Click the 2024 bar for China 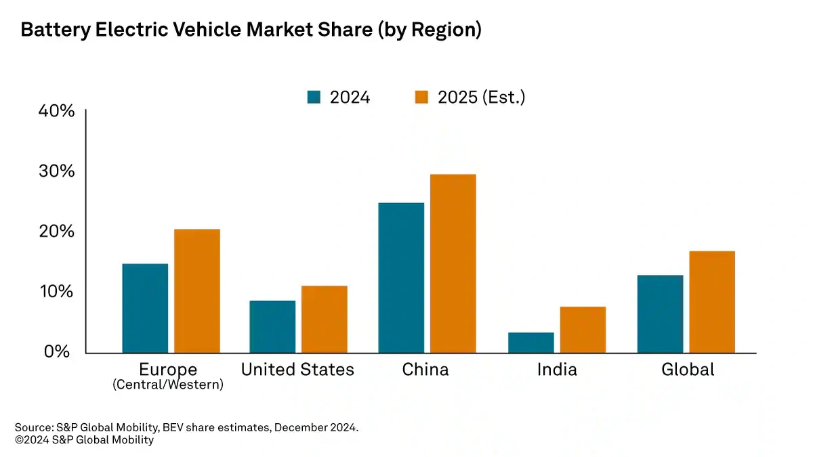click(401, 278)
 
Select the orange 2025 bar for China click(453, 263)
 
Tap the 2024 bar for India click(530, 343)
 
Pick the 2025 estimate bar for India click(583, 330)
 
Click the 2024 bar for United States click(272, 326)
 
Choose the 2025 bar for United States click(324, 319)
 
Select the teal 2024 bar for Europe click(145, 308)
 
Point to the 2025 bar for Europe click(196, 291)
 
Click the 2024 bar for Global click(660, 313)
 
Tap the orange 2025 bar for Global click(711, 302)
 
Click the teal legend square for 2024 click(314, 97)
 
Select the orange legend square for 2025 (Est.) click(421, 97)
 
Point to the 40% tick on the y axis click(57, 110)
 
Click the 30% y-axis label click(57, 171)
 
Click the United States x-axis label click(297, 370)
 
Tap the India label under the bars click(557, 370)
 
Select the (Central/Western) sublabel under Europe click(168, 385)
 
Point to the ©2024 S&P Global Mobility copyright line click(84, 440)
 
